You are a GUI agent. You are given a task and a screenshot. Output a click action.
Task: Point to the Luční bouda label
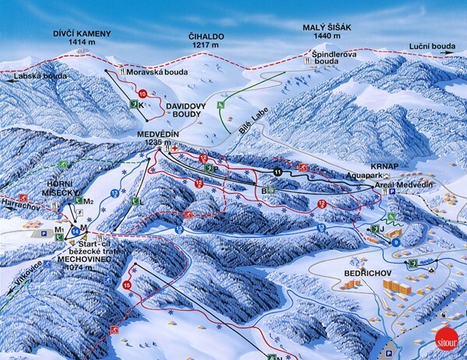click(x=430, y=47)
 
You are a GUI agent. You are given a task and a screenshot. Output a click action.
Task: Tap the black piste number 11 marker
click(x=278, y=171)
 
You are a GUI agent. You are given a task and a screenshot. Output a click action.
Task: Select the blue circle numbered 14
click(x=75, y=231)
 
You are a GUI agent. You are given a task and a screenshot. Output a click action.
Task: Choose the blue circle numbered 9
click(x=395, y=243)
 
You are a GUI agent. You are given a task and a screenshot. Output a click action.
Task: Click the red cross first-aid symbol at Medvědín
click(x=176, y=148)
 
